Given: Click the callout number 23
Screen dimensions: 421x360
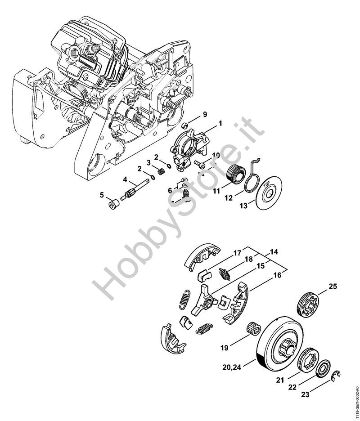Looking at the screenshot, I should pyautogui.click(x=306, y=396).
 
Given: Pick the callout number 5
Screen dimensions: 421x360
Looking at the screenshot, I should pyautogui.click(x=102, y=195).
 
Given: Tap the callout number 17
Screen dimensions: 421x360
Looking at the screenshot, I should pyautogui.click(x=238, y=253).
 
